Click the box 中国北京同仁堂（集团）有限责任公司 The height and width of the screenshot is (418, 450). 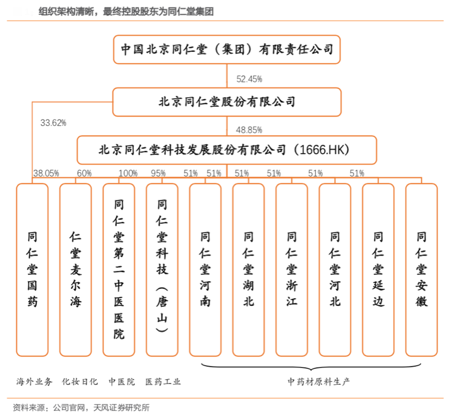click(227, 50)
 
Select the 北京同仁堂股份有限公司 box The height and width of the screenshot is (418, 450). click(227, 102)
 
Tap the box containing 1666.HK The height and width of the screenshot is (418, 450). click(227, 150)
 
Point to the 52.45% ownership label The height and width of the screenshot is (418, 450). click(249, 79)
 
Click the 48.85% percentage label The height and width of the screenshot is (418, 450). click(249, 130)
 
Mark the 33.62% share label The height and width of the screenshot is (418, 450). click(53, 123)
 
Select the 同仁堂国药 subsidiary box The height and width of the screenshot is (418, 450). click(32, 269)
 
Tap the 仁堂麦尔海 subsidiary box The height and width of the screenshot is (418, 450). click(76, 269)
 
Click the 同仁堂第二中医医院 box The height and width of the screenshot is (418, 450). click(119, 269)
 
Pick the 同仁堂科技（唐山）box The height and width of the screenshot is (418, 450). click(162, 269)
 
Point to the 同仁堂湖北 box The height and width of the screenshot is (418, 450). click(248, 269)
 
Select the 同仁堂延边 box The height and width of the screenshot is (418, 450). click(378, 269)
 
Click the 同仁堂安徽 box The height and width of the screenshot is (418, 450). click(421, 269)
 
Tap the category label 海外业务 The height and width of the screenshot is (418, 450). click(34, 381)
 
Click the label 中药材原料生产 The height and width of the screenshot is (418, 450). click(318, 381)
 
